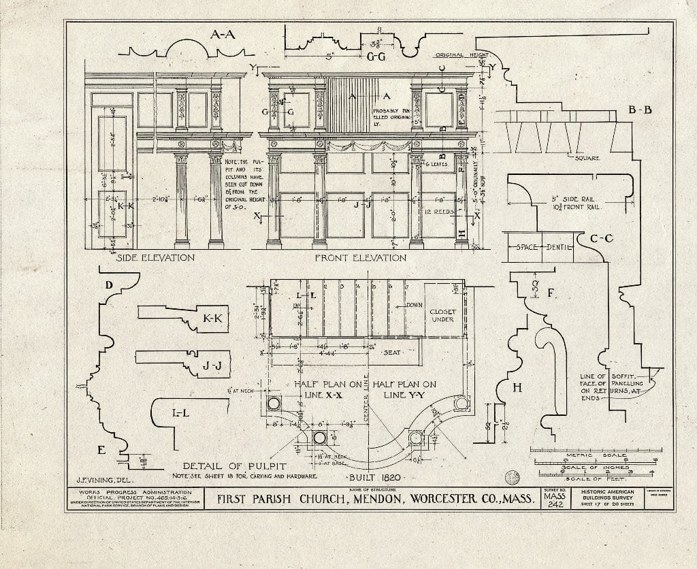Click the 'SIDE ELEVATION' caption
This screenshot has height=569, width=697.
[156, 258]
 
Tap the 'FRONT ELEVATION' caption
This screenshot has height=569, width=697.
[360, 258]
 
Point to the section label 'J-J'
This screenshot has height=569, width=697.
[212, 365]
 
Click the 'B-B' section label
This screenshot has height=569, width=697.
[640, 109]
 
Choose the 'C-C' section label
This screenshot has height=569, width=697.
[602, 239]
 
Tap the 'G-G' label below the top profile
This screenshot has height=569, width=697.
[376, 57]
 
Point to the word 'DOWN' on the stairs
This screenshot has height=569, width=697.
[415, 306]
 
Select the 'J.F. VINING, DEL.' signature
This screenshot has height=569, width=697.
[99, 479]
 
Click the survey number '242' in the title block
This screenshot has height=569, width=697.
[554, 513]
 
